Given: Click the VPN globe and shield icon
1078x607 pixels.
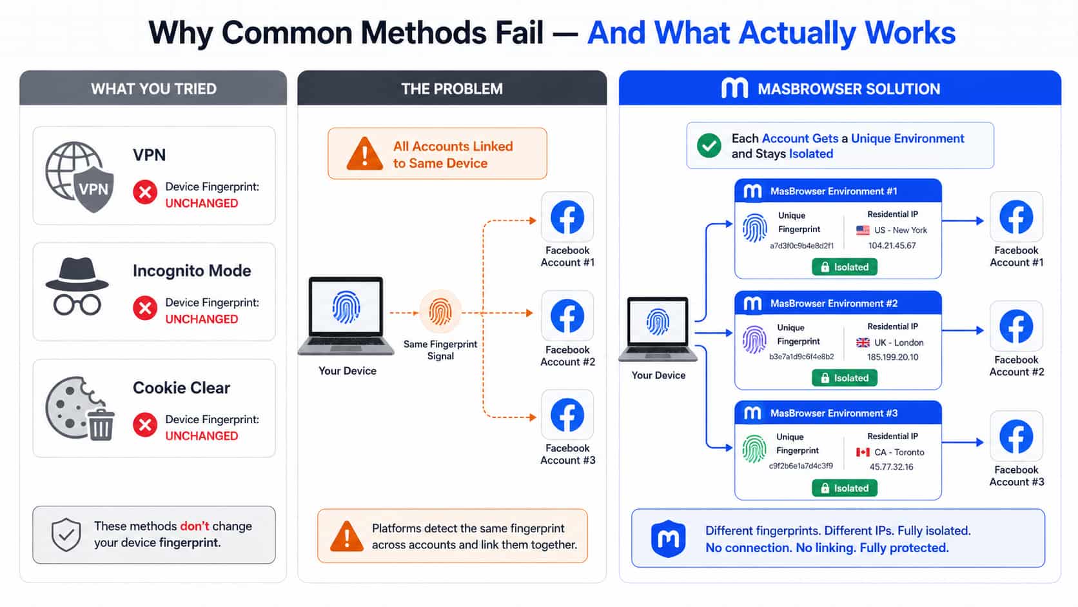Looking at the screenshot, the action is click(x=80, y=177).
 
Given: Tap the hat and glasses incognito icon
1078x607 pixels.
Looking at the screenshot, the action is click(x=77, y=287).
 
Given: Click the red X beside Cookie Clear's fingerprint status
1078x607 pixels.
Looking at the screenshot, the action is click(x=145, y=425).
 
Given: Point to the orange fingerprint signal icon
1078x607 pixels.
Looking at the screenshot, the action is click(x=440, y=312).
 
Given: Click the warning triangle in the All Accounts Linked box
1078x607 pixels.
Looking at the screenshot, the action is click(x=364, y=154).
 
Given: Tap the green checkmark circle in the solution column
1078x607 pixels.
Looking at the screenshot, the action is click(x=709, y=145).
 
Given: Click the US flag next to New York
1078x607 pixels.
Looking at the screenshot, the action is click(x=863, y=230).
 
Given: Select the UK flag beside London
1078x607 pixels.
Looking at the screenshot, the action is click(x=863, y=343).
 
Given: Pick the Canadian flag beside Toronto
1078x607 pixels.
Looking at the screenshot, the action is click(x=863, y=452).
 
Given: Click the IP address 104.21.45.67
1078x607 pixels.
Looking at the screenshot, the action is click(x=892, y=246).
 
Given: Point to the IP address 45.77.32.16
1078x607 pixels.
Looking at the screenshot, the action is click(x=891, y=466).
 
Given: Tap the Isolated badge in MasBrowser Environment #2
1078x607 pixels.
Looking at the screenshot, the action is click(x=845, y=378).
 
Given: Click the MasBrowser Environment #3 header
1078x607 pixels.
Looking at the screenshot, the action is click(x=838, y=413).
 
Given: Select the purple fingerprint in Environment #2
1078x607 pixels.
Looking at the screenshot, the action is click(x=754, y=340).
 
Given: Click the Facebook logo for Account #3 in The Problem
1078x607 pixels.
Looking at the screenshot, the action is click(x=567, y=415).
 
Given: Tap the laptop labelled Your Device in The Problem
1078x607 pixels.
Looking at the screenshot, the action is click(x=346, y=316).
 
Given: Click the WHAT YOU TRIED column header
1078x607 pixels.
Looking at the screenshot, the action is click(x=153, y=88).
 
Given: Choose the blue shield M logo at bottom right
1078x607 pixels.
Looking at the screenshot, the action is click(x=668, y=539).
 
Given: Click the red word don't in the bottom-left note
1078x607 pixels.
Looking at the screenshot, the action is click(x=195, y=526).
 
